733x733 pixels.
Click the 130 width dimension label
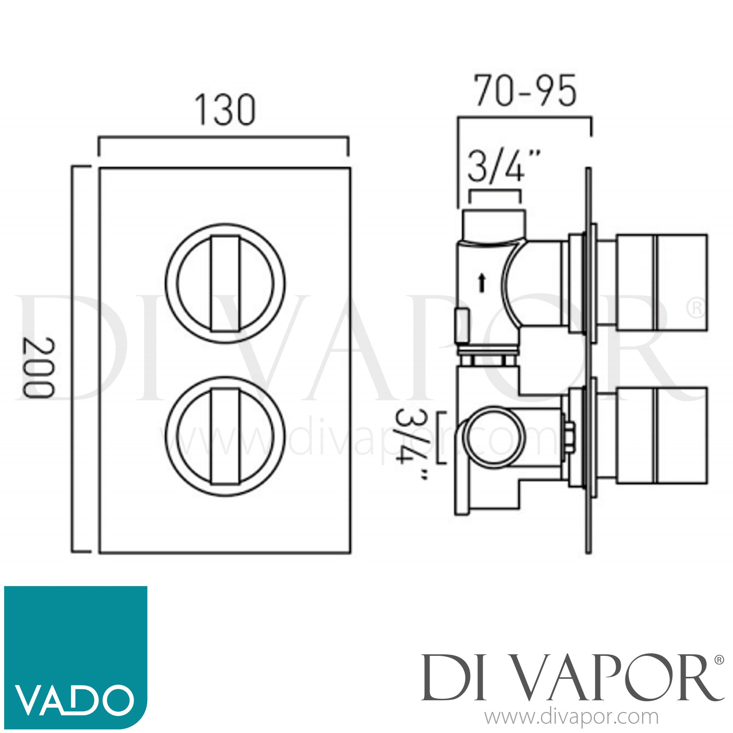225,110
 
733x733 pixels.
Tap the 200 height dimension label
38,367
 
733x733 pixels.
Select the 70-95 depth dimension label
525,91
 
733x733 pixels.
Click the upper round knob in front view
225,284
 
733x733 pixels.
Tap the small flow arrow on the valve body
482,283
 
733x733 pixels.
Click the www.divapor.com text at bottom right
571,717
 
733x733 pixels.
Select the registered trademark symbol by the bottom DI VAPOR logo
719,660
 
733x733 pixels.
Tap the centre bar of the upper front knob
225,284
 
